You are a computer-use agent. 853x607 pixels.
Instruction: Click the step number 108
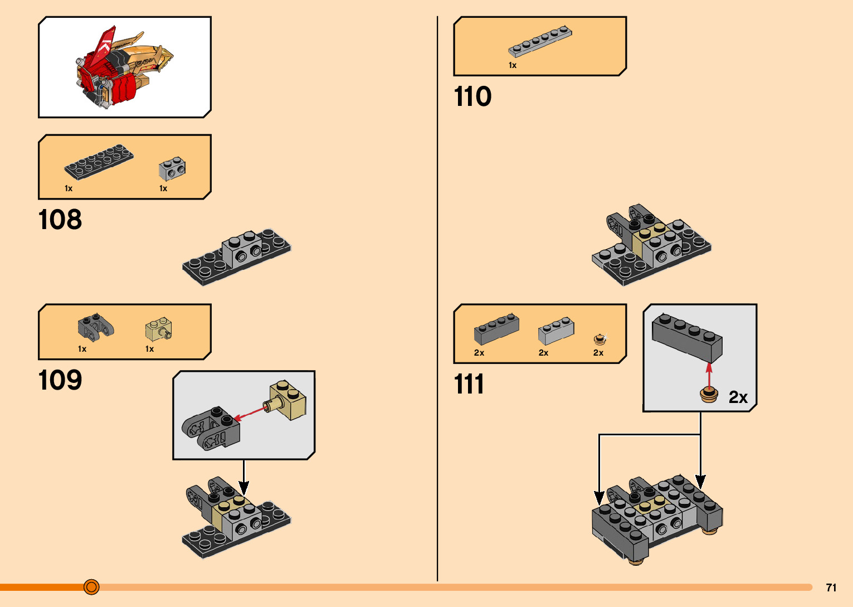[x=60, y=220]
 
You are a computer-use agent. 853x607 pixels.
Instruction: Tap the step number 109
[x=60, y=380]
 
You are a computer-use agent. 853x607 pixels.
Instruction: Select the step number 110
[x=472, y=96]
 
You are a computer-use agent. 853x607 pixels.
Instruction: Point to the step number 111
[x=469, y=385]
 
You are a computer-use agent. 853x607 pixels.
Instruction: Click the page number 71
[x=831, y=587]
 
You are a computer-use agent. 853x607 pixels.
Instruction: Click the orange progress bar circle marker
[x=91, y=587]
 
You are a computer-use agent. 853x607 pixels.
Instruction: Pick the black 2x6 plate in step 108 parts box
[x=99, y=162]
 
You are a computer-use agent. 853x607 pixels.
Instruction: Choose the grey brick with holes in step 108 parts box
[x=172, y=168]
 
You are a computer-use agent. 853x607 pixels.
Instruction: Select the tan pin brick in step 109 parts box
[x=159, y=329]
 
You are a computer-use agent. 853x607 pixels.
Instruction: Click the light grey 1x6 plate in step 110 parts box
[x=540, y=41]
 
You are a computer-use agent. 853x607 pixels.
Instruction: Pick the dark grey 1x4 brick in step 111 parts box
[x=496, y=329]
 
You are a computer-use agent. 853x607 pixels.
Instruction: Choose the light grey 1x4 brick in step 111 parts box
[x=556, y=331]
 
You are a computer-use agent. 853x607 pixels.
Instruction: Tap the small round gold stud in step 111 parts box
[x=599, y=339]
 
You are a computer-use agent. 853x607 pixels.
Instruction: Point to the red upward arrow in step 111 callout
[x=709, y=374]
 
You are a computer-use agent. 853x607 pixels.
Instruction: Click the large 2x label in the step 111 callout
[x=738, y=397]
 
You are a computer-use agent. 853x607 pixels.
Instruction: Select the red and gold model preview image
[x=124, y=67]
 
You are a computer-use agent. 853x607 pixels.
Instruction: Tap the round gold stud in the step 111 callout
[x=709, y=395]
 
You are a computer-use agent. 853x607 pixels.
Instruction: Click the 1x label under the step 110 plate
[x=513, y=65]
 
